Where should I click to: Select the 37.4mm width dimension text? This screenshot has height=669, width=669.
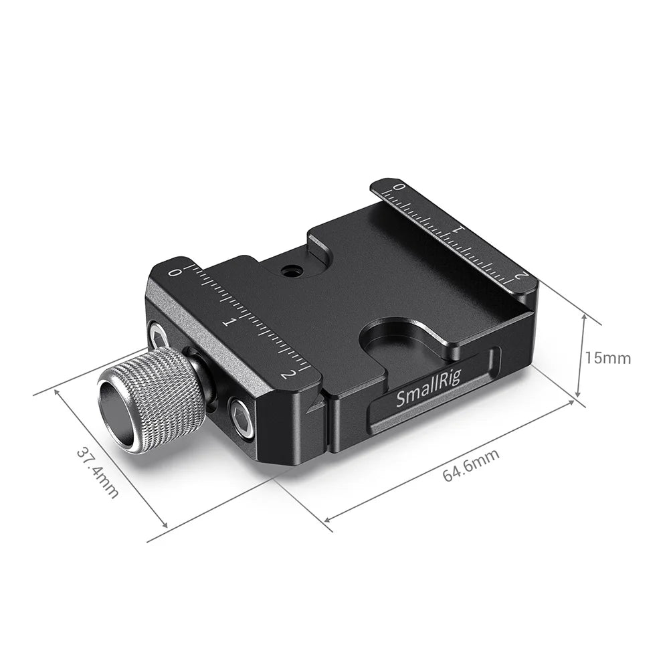click(97, 472)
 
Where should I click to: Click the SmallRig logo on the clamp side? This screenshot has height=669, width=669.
click(428, 393)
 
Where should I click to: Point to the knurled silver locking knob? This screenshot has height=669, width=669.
click(154, 400)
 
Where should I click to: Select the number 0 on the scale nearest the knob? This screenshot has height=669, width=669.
click(175, 272)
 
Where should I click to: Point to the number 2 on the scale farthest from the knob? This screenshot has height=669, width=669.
click(521, 275)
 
